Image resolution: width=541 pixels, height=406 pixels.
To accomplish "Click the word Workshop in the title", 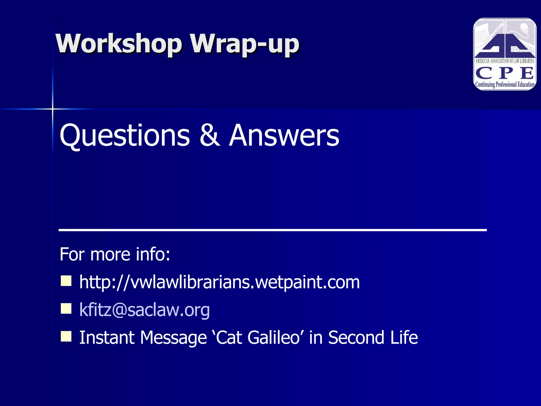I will click(119, 44).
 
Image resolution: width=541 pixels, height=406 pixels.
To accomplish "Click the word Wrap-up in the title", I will click(245, 44).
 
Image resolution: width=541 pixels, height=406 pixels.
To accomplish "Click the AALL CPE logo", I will click(505, 54).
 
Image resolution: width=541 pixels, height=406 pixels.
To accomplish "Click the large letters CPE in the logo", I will click(505, 73).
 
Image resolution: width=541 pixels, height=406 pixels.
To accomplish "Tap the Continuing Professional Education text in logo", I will click(505, 85).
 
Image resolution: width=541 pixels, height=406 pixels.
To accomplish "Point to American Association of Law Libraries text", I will click(505, 61).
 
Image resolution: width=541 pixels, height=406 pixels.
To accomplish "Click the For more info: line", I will click(115, 254).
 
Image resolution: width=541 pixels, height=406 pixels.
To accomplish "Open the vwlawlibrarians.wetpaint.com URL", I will click(219, 282).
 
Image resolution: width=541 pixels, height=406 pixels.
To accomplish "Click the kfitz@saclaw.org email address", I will click(144, 310).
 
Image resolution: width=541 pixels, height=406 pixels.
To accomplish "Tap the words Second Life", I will click(373, 338).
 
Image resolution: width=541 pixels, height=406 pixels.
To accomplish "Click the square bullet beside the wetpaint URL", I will click(66, 281).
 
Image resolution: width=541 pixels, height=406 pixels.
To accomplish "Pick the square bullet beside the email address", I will click(66, 308).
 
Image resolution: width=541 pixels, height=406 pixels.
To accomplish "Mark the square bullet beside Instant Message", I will click(66, 336).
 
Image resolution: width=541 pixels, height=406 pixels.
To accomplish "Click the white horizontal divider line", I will click(272, 230).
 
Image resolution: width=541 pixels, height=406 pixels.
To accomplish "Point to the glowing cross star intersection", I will click(53, 109).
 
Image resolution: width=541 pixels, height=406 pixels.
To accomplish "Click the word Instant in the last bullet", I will click(107, 338).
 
